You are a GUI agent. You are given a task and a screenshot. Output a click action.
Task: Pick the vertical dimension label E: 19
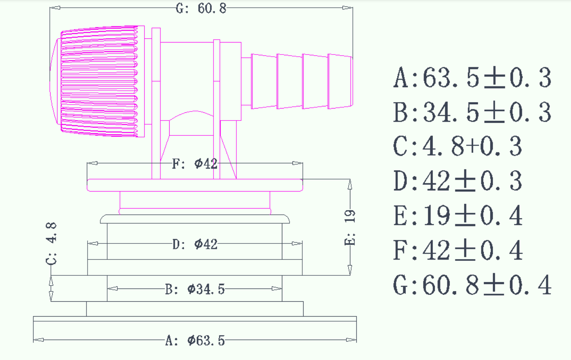(350, 228)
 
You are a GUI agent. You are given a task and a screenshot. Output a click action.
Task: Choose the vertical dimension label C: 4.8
(51, 243)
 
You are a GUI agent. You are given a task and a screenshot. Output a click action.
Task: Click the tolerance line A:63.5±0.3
(472, 78)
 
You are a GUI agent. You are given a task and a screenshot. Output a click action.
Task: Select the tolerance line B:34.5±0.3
(472, 113)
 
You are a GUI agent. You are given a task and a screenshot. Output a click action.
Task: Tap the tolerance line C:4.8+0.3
(457, 147)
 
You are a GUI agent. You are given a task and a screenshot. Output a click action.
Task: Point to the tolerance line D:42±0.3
(457, 182)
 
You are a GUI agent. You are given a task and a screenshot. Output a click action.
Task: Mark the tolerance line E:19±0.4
(457, 216)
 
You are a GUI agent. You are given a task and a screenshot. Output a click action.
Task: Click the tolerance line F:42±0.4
(457, 251)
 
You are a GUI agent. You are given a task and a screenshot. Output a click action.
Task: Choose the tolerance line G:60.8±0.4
(472, 285)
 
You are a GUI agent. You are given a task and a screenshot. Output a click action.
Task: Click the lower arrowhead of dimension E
(350, 271)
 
